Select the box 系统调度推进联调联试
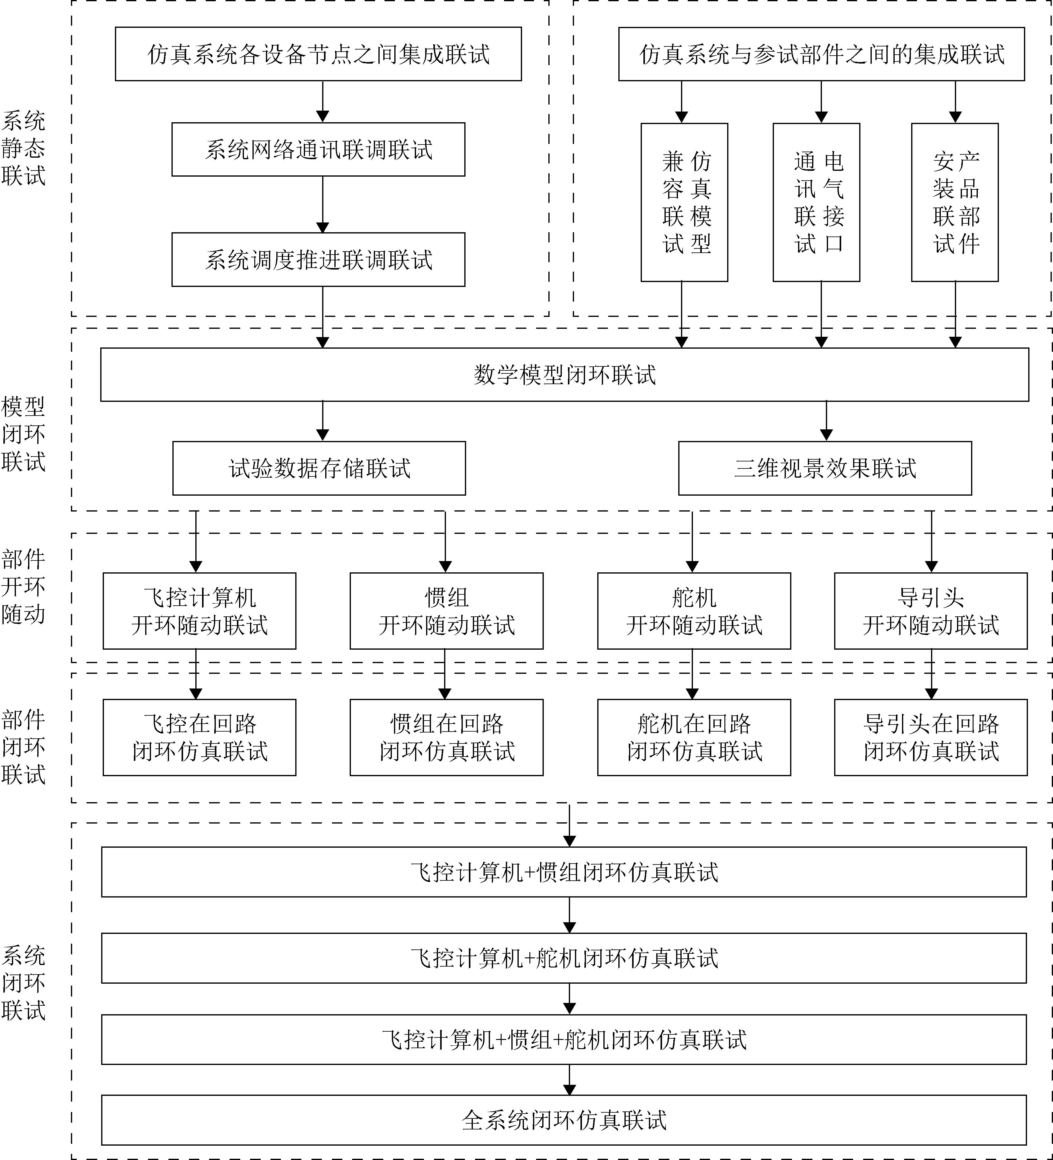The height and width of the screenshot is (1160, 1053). click(x=318, y=259)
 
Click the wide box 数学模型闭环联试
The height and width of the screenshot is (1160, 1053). click(x=565, y=375)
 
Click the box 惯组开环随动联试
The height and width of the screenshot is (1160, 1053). click(x=447, y=611)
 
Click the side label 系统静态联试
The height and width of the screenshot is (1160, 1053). click(x=23, y=149)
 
